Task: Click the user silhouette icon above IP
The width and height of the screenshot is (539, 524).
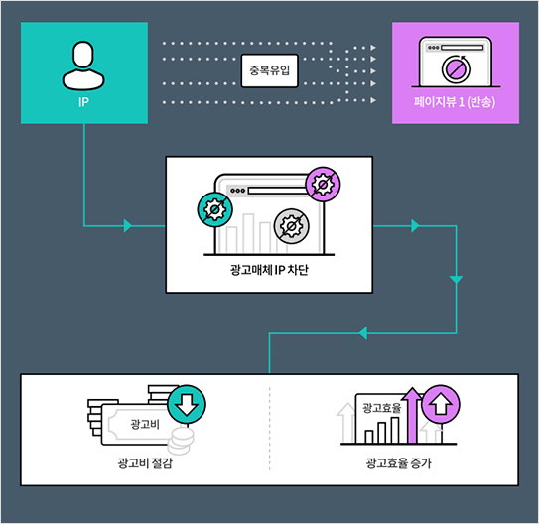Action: coord(83,65)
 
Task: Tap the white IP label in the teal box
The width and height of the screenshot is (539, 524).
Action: coord(83,102)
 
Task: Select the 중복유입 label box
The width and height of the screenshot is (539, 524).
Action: coord(270,70)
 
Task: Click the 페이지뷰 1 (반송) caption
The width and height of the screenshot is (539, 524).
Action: coord(455,102)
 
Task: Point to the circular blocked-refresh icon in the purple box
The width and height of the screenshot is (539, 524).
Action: coord(456,68)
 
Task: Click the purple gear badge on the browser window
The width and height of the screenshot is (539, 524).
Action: coord(323,185)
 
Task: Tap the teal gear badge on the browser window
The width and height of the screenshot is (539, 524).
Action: coord(214,209)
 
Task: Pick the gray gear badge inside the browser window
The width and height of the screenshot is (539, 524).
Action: coord(292,226)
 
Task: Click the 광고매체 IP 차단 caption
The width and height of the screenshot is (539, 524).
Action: coord(269,270)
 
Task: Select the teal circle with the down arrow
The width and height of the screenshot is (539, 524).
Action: coord(187,405)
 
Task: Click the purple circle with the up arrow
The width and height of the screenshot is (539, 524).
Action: coord(441,405)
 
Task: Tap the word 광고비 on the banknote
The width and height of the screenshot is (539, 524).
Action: coord(145,424)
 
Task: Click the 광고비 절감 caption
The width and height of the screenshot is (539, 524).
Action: coord(145,463)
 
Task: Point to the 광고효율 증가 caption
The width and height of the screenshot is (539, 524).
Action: coord(398,463)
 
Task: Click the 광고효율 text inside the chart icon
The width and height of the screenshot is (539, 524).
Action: coord(382,408)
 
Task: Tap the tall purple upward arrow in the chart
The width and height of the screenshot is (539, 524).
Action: coord(413,415)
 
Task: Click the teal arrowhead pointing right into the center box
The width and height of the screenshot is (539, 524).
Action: coord(128,225)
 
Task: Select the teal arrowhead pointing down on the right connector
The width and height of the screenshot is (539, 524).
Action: coord(457,280)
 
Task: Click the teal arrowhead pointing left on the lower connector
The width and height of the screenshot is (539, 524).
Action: coord(363,332)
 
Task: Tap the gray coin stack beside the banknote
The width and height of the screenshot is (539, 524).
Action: coord(181,441)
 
